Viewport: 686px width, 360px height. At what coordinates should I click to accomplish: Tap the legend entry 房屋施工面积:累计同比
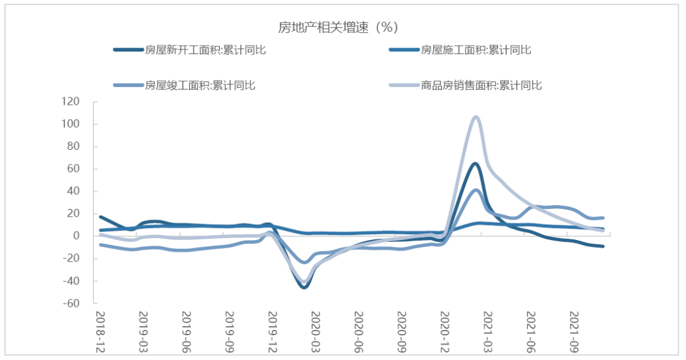[x=476, y=50]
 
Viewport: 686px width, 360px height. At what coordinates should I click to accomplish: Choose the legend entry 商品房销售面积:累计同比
[x=481, y=84]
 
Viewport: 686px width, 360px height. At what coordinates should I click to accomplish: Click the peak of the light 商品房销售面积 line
[x=476, y=117]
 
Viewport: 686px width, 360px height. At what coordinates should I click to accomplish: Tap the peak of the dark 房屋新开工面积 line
[x=475, y=164]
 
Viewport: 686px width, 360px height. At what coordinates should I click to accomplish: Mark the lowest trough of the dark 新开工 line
[x=305, y=287]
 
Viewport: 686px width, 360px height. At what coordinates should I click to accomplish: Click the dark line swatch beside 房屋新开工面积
[x=128, y=50]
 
